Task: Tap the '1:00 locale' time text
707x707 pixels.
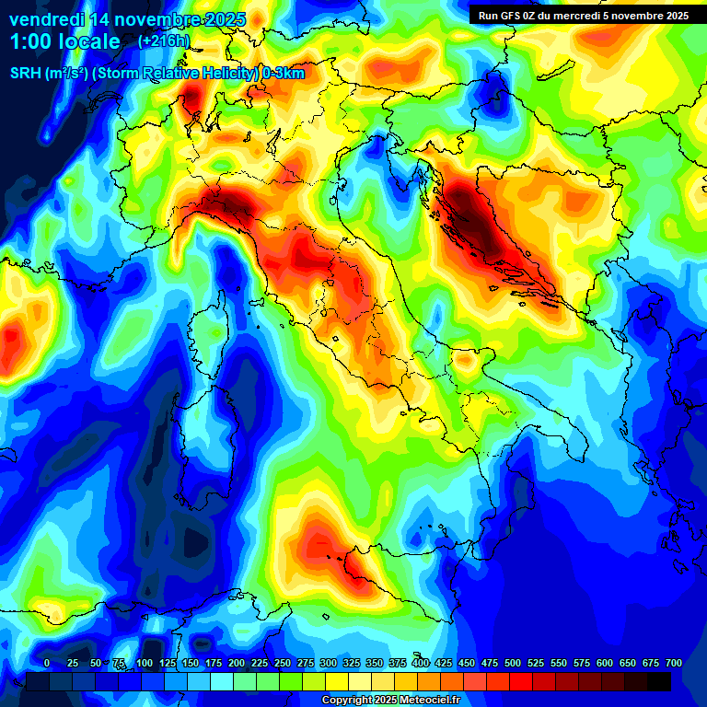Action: pos(64,41)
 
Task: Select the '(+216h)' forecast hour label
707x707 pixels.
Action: pos(164,41)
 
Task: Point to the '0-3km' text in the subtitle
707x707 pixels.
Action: pos(284,74)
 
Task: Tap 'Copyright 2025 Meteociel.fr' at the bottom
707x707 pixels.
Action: pos(390,700)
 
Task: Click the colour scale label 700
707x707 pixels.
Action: pos(673,663)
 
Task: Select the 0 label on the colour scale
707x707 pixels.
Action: pos(47,663)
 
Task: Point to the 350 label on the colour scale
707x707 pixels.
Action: pos(374,663)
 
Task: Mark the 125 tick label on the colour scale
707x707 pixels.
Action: pos(167,663)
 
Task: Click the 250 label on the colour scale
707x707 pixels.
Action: pos(282,663)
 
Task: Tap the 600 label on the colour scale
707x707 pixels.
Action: pos(604,663)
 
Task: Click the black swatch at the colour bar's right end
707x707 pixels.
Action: pos(659,682)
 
